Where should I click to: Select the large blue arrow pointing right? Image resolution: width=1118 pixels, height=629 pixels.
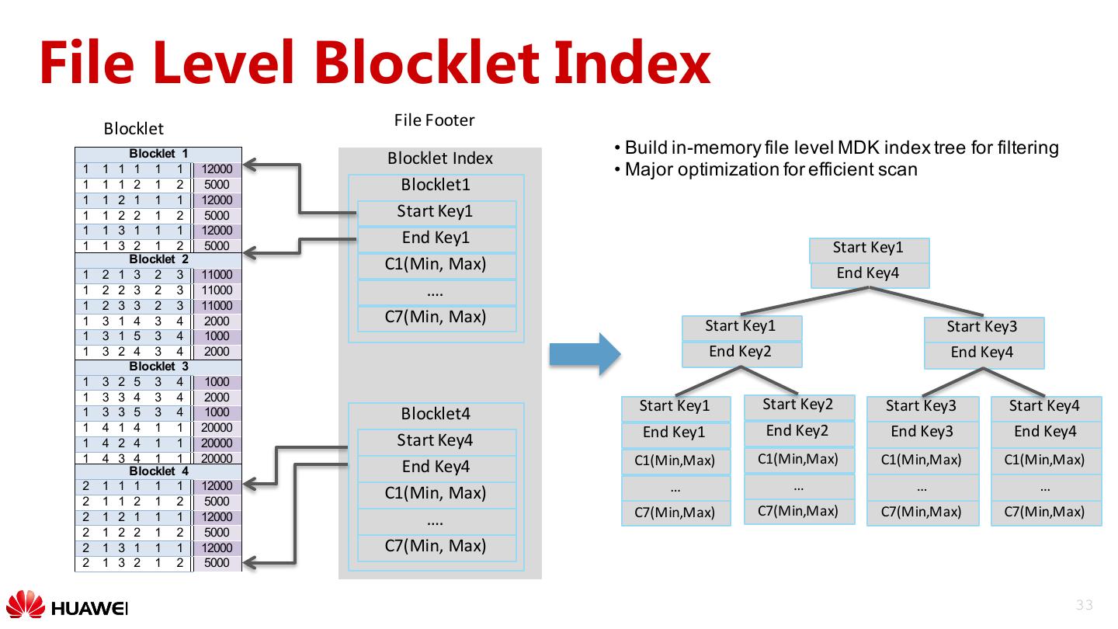585,354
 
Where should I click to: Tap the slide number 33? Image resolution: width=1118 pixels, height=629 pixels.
1084,606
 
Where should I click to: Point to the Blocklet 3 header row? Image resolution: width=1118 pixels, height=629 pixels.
158,367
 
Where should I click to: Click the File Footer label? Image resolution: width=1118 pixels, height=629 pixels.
434,120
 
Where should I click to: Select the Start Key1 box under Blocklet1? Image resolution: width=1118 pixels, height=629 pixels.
436,212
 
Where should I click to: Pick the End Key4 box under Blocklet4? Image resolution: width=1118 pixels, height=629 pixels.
436,467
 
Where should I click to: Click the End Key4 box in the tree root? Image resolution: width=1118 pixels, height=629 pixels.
869,274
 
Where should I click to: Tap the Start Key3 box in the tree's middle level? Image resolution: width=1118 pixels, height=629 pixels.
983,328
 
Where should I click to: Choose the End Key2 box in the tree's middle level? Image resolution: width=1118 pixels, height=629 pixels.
741,353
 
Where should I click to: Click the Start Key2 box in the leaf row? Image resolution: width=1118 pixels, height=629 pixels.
799,405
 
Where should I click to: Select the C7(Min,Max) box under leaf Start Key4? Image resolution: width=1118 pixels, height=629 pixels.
1045,513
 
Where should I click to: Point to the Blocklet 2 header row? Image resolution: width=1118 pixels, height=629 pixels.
158,259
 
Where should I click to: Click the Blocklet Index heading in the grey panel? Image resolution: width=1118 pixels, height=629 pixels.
439,158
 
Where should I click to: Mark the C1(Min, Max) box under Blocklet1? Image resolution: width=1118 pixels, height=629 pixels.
436,265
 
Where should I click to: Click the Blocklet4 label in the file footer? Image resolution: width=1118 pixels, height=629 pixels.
436,414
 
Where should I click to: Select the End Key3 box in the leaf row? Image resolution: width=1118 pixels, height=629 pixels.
922,433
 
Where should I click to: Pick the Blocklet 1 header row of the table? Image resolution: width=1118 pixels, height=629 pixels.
158,154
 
